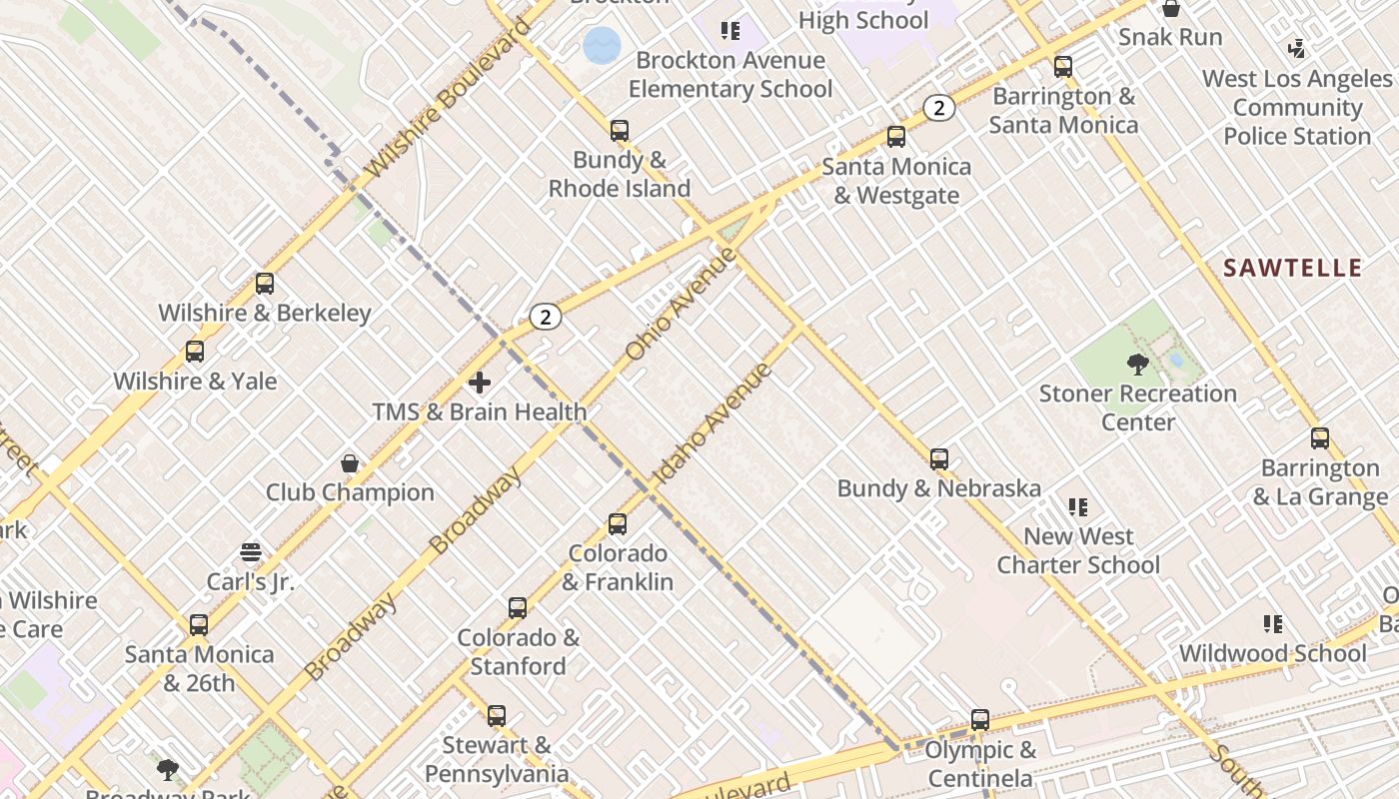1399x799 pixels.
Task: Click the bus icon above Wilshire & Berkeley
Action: pyautogui.click(x=264, y=284)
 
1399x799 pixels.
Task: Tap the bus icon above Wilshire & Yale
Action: pyautogui.click(x=195, y=352)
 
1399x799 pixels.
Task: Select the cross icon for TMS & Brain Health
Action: pyautogui.click(x=480, y=383)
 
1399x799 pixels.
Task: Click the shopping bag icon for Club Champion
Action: pyautogui.click(x=350, y=463)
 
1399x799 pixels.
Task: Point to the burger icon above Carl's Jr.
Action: pyautogui.click(x=251, y=552)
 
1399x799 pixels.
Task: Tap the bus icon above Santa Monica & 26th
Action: pyautogui.click(x=199, y=625)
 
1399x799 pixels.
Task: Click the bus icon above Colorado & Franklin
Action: pyautogui.click(x=618, y=524)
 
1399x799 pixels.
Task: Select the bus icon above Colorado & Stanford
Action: pyautogui.click(x=518, y=608)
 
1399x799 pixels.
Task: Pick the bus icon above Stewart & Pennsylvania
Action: pyautogui.click(x=497, y=716)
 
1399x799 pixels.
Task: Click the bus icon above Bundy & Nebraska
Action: pyautogui.click(x=939, y=459)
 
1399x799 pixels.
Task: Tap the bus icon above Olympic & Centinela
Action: pyautogui.click(x=980, y=720)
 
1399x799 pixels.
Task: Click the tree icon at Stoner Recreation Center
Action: pyautogui.click(x=1137, y=364)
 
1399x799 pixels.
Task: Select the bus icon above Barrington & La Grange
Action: pyautogui.click(x=1320, y=438)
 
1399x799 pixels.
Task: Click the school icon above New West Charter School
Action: pyautogui.click(x=1077, y=507)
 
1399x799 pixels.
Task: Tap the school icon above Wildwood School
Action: pyautogui.click(x=1272, y=624)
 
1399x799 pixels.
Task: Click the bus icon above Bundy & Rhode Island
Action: pyautogui.click(x=620, y=131)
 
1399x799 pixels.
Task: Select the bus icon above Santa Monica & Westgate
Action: pyautogui.click(x=896, y=137)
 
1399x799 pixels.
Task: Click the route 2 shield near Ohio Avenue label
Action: pyautogui.click(x=545, y=318)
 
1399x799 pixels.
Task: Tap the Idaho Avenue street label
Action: pyautogui.click(x=712, y=424)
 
